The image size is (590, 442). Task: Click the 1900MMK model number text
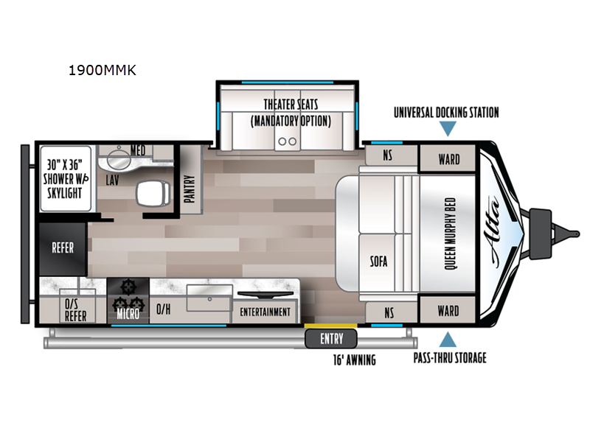(x=102, y=70)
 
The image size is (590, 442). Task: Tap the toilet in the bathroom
(x=153, y=194)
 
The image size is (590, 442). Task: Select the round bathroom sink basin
(x=119, y=159)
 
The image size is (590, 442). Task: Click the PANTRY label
(x=190, y=189)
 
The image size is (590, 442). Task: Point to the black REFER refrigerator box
(x=63, y=249)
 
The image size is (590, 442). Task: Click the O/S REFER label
(x=75, y=310)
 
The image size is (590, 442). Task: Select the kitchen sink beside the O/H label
(x=209, y=298)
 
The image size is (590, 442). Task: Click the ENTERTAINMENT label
(x=265, y=312)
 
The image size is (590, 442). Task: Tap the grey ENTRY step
(x=330, y=339)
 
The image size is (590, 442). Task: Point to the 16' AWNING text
(x=355, y=360)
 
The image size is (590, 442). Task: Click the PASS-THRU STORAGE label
(x=450, y=358)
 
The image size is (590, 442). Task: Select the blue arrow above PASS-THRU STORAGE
(x=448, y=340)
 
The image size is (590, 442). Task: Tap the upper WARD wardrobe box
(x=448, y=158)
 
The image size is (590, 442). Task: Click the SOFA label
(x=378, y=262)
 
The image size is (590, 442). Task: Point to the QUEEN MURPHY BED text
(x=450, y=234)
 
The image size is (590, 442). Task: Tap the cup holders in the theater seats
(x=288, y=141)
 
